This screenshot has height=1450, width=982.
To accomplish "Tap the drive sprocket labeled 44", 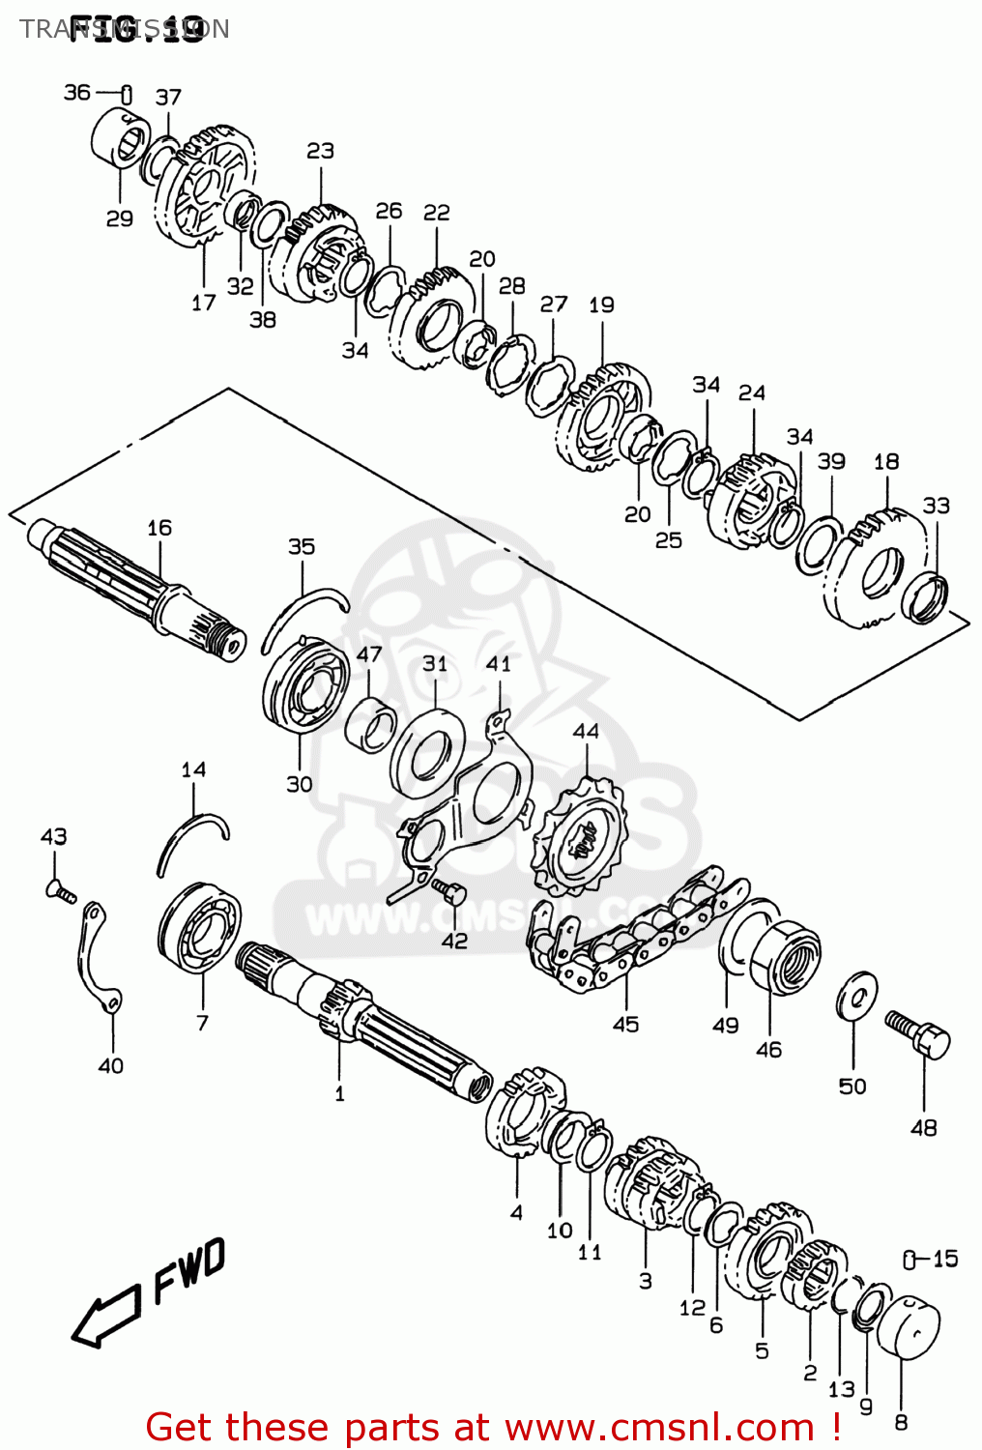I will pyautogui.click(x=581, y=839).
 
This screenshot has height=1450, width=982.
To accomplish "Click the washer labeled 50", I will pyautogui.click(x=855, y=996).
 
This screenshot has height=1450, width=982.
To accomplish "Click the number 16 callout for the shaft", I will pyautogui.click(x=159, y=528).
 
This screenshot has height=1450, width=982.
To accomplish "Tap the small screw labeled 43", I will pyautogui.click(x=59, y=890).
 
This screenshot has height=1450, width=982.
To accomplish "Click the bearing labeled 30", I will pyautogui.click(x=305, y=687).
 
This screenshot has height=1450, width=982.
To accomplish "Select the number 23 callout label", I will pyautogui.click(x=320, y=151).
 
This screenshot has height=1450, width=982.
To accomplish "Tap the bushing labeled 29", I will pyautogui.click(x=120, y=146).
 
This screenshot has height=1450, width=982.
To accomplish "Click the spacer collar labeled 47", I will pyautogui.click(x=371, y=725).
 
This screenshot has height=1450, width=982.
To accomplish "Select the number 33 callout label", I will pyautogui.click(x=936, y=506).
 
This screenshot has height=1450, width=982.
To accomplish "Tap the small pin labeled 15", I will pyautogui.click(x=910, y=1259).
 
